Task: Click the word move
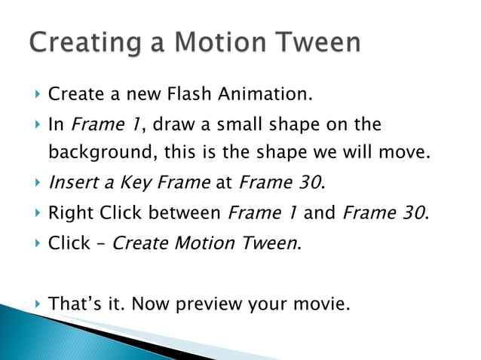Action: pyautogui.click(x=407, y=153)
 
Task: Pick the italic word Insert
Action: pyautogui.click(x=72, y=182)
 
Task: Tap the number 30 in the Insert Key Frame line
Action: pyautogui.click(x=311, y=182)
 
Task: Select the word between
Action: pyautogui.click(x=185, y=212)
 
